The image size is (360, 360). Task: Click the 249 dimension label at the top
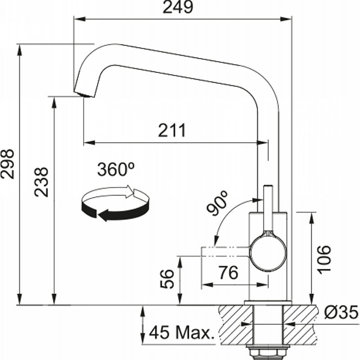(178, 7)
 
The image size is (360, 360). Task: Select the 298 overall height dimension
(7, 164)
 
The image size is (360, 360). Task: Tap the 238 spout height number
(41, 182)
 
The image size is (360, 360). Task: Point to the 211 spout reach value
(172, 130)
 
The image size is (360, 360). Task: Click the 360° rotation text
(116, 169)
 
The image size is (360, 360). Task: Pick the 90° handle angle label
(217, 203)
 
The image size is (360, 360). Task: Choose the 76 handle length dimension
(228, 273)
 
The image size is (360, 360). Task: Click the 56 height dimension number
(167, 279)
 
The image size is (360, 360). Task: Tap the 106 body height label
(324, 260)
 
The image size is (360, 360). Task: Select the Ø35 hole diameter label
(342, 312)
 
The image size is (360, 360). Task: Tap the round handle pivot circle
(268, 253)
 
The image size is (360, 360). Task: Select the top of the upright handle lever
(268, 187)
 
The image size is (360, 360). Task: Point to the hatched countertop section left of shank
(235, 324)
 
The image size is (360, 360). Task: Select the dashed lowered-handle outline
(225, 252)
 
